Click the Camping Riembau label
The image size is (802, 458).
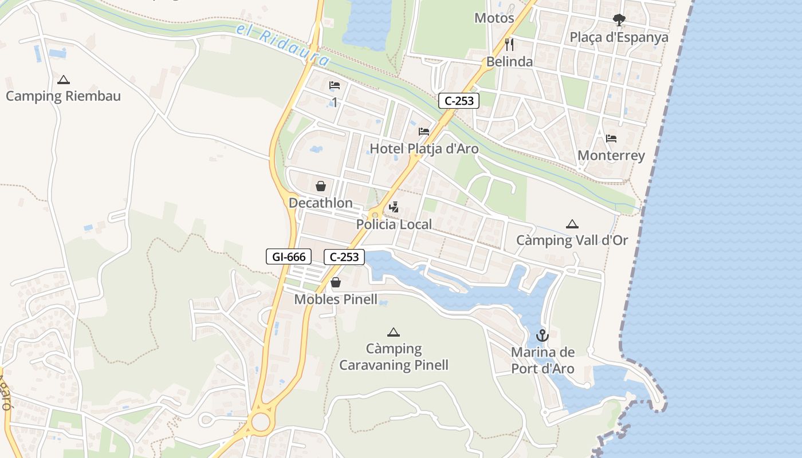63,96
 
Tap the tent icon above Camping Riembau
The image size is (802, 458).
64,80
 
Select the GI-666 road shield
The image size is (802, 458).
289,257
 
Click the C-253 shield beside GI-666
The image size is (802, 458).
344,257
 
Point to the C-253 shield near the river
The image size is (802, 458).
459,101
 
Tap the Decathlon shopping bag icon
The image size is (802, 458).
321,186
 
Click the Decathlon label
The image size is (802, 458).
321,203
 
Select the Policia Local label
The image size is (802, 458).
394,224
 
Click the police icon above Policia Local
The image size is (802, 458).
394,207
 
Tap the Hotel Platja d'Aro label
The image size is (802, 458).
424,149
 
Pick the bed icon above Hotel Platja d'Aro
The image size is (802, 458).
424,132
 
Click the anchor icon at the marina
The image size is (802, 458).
542,335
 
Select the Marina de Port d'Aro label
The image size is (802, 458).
542,360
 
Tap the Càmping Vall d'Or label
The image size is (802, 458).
572,240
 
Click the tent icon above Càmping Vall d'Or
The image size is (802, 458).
572,224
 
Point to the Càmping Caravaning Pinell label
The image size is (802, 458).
394,357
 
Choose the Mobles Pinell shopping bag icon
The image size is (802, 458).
336,282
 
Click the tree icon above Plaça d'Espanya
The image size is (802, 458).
619,20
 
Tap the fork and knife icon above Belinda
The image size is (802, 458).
509,44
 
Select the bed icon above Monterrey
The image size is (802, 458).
611,139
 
